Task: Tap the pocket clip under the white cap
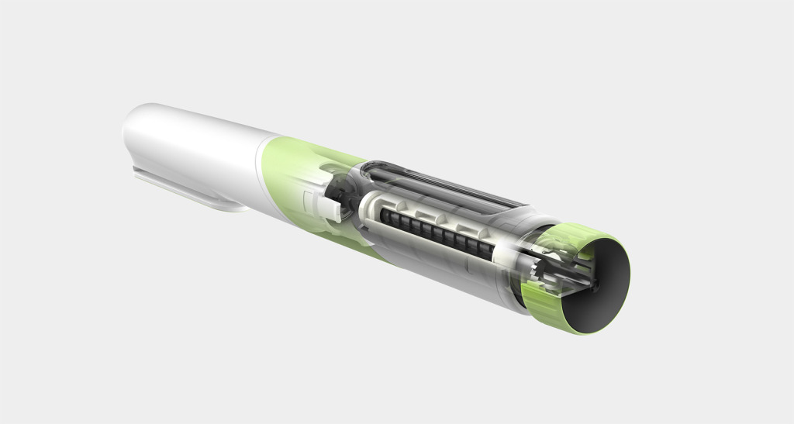click(186, 188)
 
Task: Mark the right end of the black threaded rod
click(492, 252)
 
